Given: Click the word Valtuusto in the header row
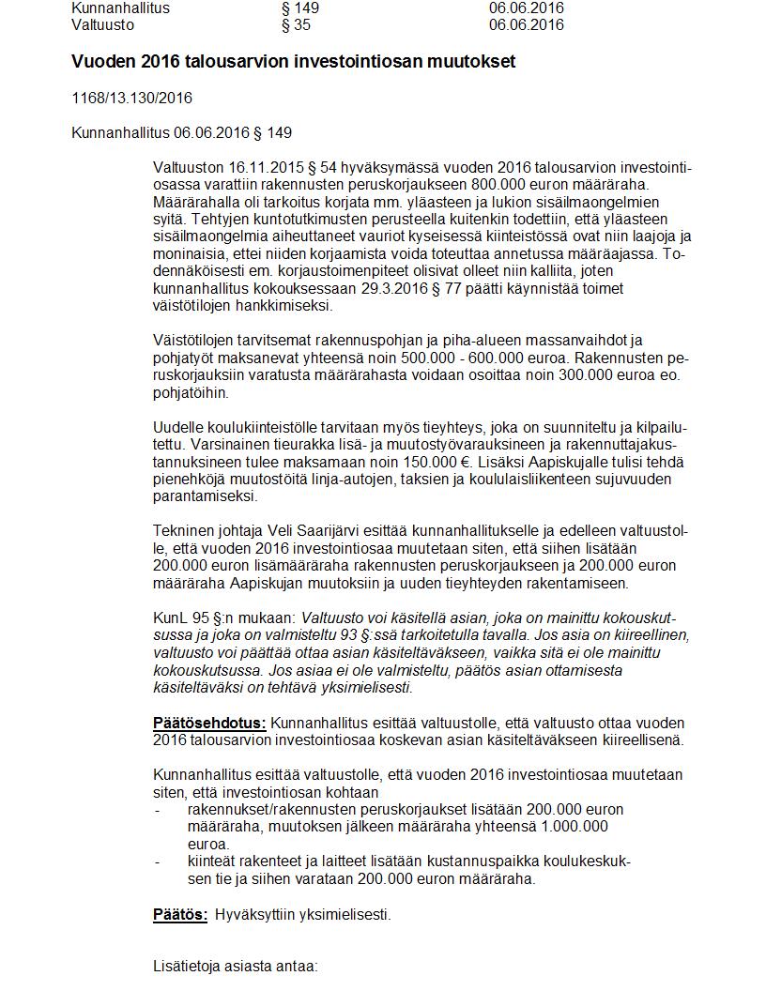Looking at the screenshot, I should pyautogui.click(x=101, y=25).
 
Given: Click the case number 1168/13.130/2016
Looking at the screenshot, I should pyautogui.click(x=131, y=98).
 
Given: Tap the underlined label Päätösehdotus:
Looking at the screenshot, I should pyautogui.click(x=209, y=724).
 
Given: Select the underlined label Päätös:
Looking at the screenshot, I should pyautogui.click(x=180, y=914).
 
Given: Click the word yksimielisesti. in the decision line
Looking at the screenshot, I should pyautogui.click(x=343, y=914).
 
